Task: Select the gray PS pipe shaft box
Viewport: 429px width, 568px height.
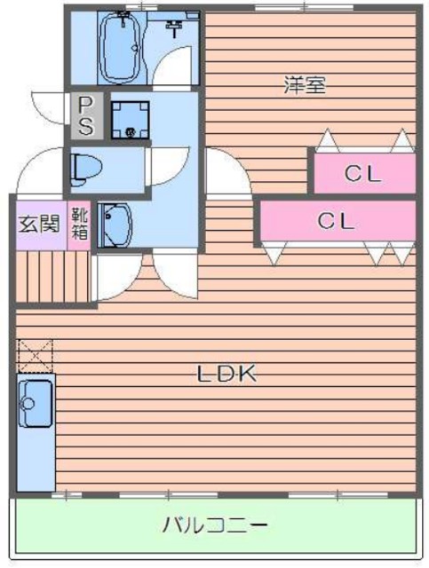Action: tap(86, 115)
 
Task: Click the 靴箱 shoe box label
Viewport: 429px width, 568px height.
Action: tap(80, 222)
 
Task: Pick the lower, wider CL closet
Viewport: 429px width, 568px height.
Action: tap(338, 220)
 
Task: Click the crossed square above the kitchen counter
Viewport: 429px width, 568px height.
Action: tap(35, 353)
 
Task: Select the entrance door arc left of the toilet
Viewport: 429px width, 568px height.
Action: tap(40, 170)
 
